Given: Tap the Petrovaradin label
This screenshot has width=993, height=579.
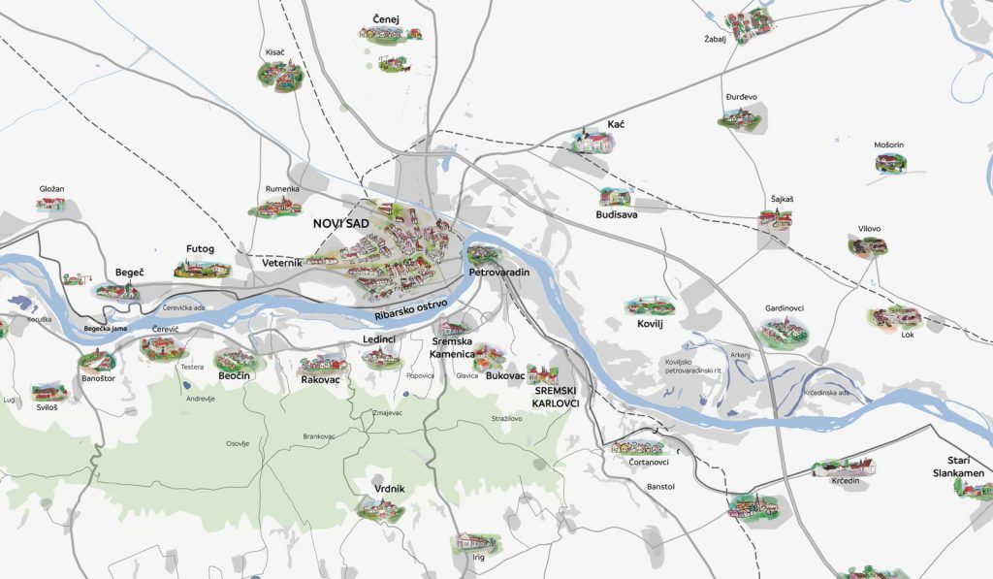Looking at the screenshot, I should point(498,273).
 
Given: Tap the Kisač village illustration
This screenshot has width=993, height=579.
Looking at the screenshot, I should point(275,73).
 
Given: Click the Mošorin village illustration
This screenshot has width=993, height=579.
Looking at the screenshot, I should point(889,164).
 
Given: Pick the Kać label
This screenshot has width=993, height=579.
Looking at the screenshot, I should point(616,125).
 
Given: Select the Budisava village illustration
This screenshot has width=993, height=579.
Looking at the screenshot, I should point(615,197).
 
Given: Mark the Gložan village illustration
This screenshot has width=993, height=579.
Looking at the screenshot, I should point(50,204).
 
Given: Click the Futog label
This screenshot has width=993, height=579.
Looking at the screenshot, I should point(200,248).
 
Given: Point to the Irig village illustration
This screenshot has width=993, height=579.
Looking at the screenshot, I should point(475,542).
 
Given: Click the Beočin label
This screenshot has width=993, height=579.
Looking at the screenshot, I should point(234,375).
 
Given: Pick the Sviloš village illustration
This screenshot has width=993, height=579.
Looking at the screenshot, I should point(47,392).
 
